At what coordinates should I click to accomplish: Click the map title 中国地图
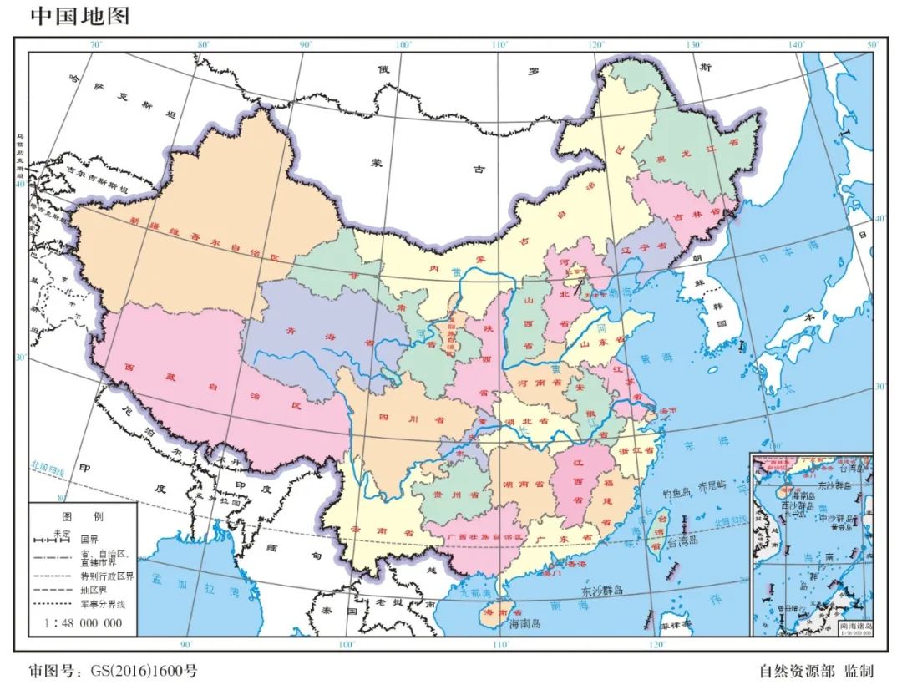[x=80, y=16]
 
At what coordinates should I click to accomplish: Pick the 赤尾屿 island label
[x=713, y=485]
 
